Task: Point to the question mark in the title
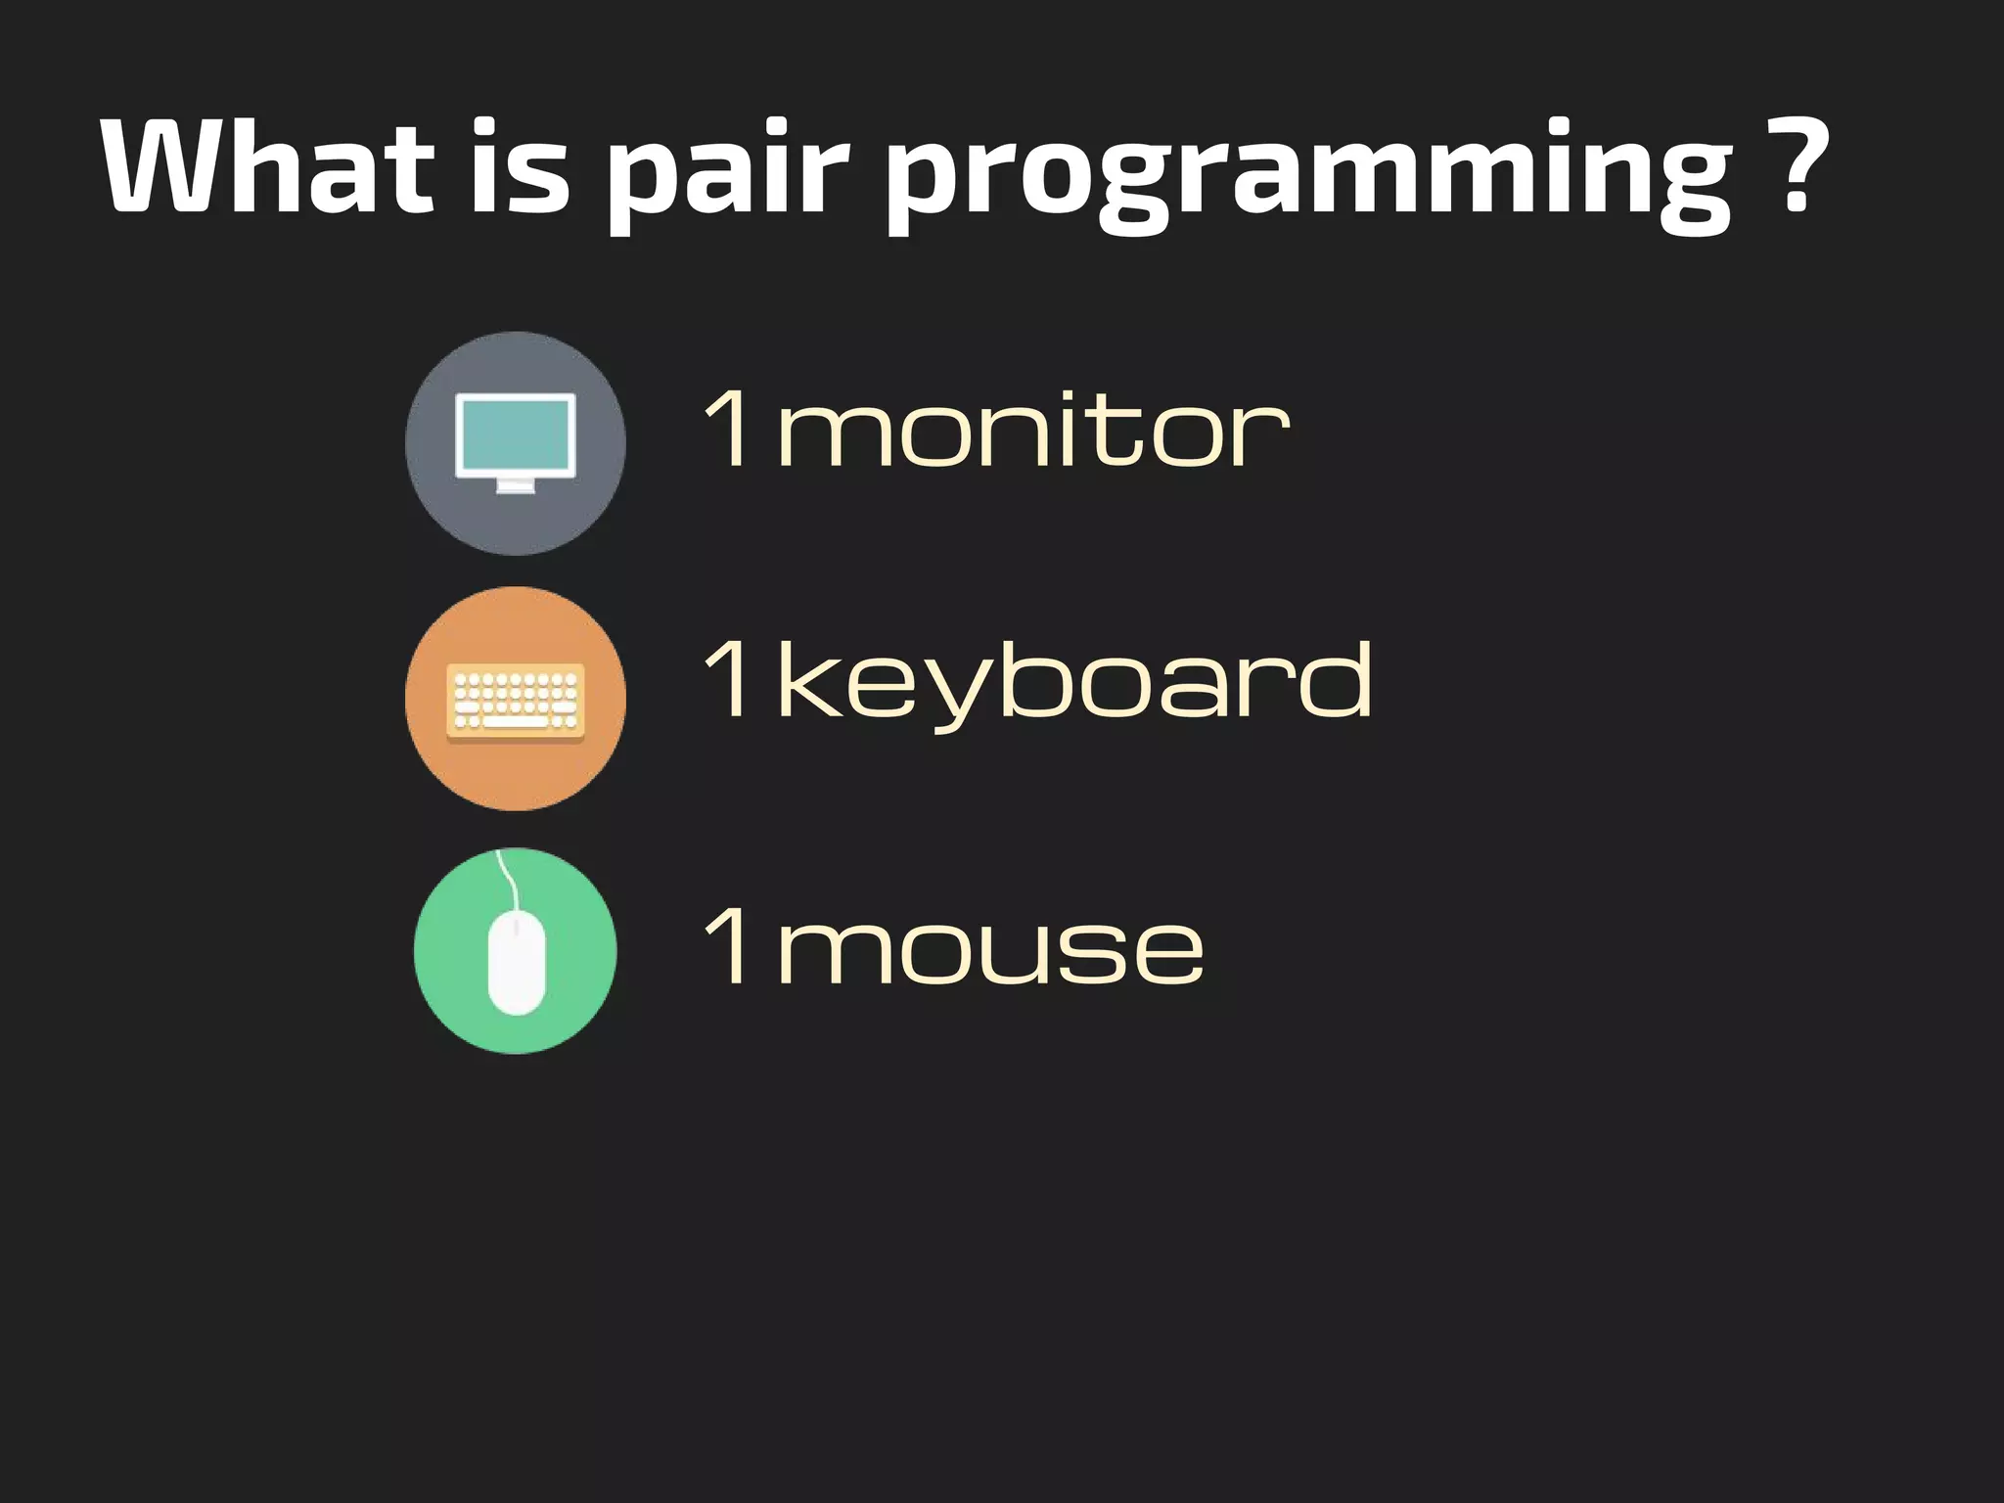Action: (x=1799, y=166)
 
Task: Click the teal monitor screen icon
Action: (x=516, y=433)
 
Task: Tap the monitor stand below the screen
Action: (x=516, y=486)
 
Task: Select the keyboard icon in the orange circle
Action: (x=516, y=701)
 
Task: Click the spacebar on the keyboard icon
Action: (x=516, y=722)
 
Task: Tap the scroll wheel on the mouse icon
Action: (x=516, y=924)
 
